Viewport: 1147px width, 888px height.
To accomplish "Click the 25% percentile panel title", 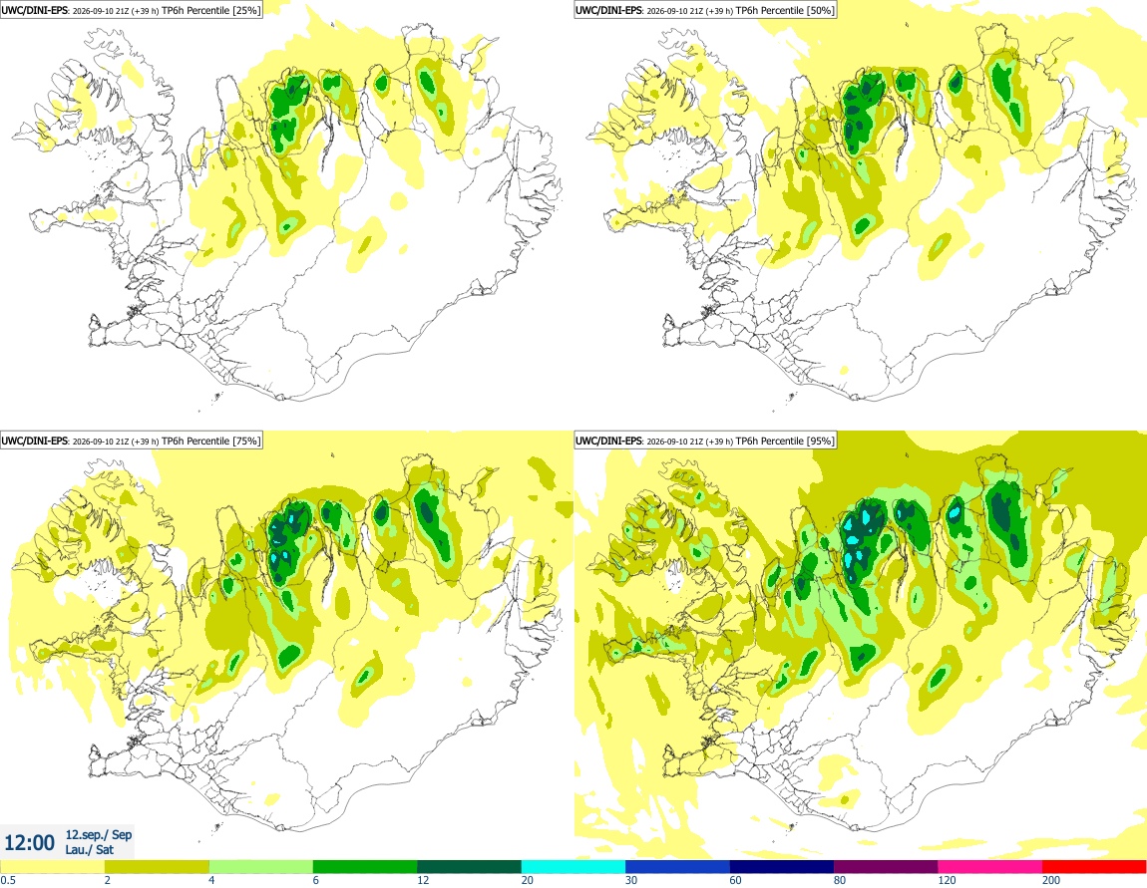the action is (131, 10).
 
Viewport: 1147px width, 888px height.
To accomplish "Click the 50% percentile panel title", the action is (704, 10).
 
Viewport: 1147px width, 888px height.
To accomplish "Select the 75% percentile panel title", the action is (131, 441).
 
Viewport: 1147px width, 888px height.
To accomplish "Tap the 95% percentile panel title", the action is (704, 441).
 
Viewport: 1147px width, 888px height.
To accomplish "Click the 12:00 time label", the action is (29, 843).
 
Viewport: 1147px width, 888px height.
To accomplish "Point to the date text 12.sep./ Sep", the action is (99, 834).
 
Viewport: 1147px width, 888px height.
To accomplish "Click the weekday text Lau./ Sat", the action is (89, 849).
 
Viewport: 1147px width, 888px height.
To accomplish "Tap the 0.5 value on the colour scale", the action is (8, 880).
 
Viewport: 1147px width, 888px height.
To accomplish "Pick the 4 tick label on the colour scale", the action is (212, 880).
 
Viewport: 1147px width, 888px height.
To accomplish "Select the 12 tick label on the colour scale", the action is (423, 880).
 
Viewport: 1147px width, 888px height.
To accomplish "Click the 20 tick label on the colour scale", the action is (528, 880).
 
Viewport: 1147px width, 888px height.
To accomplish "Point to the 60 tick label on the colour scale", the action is (736, 880).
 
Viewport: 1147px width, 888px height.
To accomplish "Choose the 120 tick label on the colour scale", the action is (948, 880).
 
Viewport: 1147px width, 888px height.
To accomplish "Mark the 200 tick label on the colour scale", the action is (1051, 880).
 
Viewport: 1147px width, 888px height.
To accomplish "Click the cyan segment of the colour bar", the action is (573, 867).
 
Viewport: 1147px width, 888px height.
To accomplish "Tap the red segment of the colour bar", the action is (1094, 867).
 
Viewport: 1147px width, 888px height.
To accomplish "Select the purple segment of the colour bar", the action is (886, 867).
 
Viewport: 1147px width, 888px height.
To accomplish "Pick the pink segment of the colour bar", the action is (990, 867).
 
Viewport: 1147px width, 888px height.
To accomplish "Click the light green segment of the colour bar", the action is (261, 867).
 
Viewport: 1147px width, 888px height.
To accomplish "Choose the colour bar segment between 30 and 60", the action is (677, 867).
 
